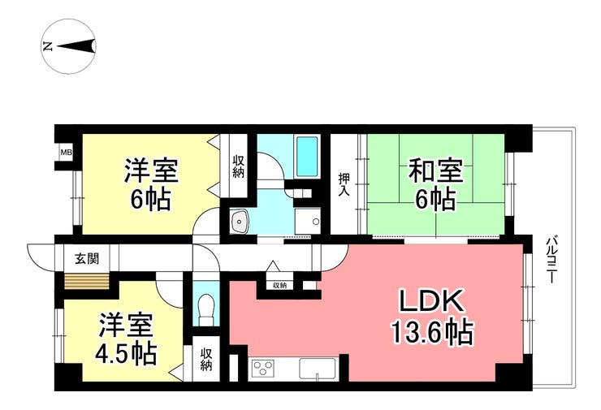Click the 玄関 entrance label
87,259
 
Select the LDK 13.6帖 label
430,317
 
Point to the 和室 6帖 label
436,185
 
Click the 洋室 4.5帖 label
128,339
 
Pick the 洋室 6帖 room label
150,185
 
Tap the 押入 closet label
344,184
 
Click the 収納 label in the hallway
279,285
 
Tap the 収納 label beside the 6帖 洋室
239,166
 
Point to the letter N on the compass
48,46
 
